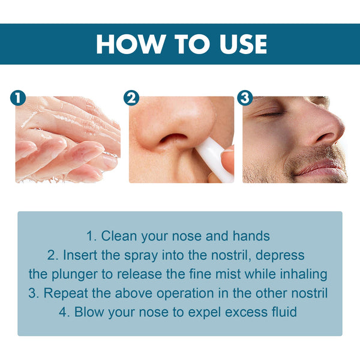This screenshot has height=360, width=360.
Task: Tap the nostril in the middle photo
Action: pyautogui.click(x=175, y=139)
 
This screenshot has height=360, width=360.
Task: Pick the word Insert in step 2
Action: pyautogui.click(x=82, y=255)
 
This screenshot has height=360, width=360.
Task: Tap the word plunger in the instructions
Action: pyautogui.click(x=74, y=274)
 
